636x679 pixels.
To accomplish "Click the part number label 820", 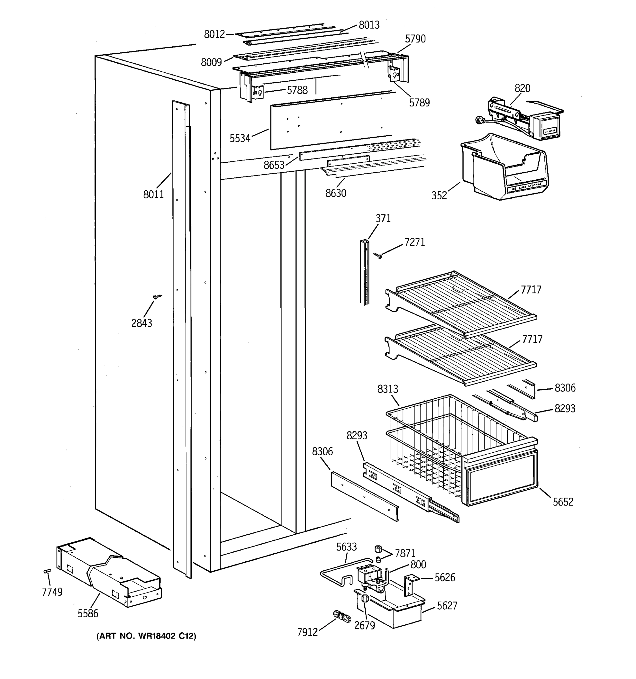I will (x=522, y=88).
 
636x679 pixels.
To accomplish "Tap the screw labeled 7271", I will (x=377, y=255).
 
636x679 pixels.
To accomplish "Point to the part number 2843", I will (x=142, y=323).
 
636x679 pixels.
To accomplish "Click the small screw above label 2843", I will (x=157, y=296).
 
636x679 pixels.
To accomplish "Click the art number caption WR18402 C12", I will (x=146, y=636).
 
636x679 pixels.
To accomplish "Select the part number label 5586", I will (x=88, y=613).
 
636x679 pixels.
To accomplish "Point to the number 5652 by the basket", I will (x=563, y=502).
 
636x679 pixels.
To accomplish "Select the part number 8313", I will (x=388, y=389).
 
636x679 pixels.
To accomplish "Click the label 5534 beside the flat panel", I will (x=240, y=138).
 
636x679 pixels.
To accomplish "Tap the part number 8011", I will (x=153, y=194).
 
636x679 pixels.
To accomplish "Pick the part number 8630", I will (x=336, y=193).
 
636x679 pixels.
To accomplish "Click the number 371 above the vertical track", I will (x=383, y=218).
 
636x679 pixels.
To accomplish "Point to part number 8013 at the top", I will (x=369, y=25).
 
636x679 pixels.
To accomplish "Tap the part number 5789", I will (x=419, y=102).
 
